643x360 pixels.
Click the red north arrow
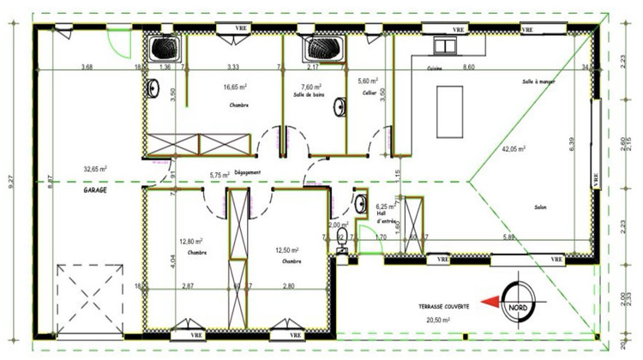tap(491, 301)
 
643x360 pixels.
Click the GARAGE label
tap(94, 190)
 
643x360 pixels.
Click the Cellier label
tap(370, 93)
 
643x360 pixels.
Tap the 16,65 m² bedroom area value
tap(236, 87)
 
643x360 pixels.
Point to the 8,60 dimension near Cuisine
tap(468, 67)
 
